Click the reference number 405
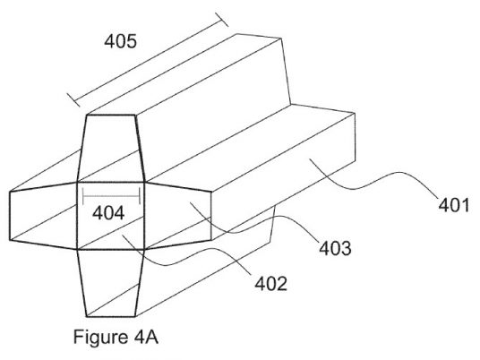(120, 41)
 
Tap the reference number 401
(454, 205)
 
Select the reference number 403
(335, 248)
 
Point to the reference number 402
(271, 284)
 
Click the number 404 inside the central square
(108, 213)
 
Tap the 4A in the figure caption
(146, 338)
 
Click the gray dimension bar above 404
(111, 195)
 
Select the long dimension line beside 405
(148, 59)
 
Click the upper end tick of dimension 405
(221, 20)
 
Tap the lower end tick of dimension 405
(73, 100)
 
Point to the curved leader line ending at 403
(254, 226)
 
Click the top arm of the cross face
(110, 149)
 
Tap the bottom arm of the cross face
(110, 283)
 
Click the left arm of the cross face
(43, 216)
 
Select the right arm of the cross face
(177, 216)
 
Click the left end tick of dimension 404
(83, 195)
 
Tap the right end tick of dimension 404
(140, 195)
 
